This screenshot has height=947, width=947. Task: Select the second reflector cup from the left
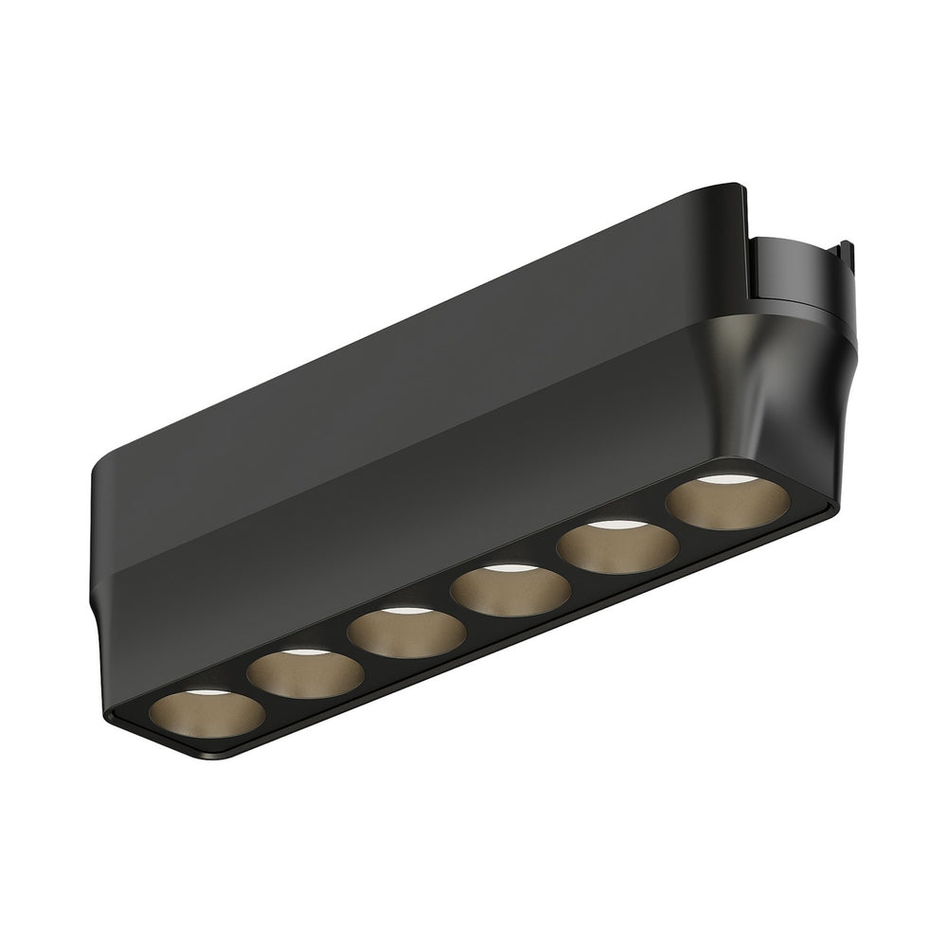[305, 674]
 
